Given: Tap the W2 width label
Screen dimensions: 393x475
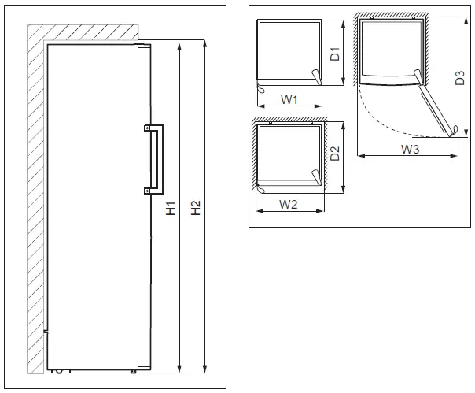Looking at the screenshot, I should (x=288, y=205).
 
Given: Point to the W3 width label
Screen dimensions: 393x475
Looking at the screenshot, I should (x=409, y=148).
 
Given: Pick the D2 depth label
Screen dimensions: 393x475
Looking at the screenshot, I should (x=335, y=154).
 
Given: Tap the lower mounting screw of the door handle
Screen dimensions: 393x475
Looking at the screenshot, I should (x=147, y=190).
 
